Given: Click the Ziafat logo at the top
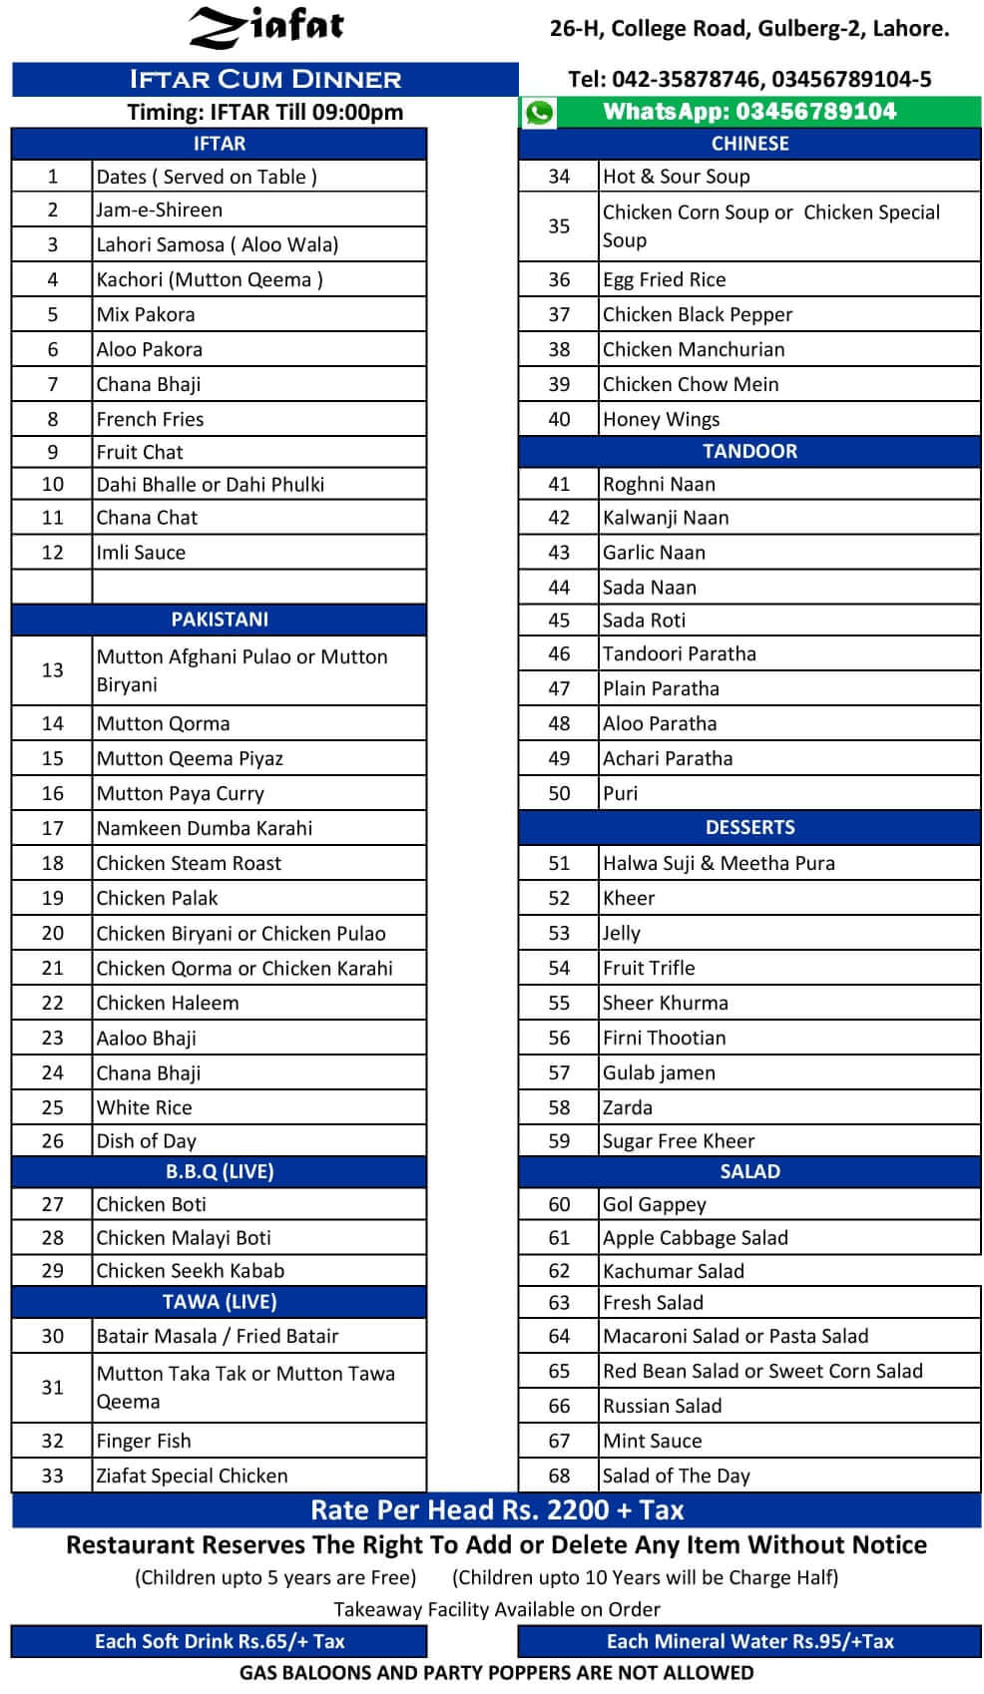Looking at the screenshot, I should click(266, 27).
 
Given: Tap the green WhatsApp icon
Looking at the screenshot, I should click(539, 112).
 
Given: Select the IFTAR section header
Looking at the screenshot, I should click(219, 144).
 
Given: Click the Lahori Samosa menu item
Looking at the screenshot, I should click(217, 244).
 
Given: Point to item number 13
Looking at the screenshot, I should click(52, 670).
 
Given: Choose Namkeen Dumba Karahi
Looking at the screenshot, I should click(204, 828).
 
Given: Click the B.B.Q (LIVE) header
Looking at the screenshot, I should click(219, 1171).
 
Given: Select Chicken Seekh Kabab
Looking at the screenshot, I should click(190, 1270).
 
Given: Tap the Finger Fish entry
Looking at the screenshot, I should click(144, 1441).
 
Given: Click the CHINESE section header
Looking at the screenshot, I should click(749, 144).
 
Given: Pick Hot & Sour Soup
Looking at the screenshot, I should click(676, 177).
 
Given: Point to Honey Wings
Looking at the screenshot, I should click(661, 419).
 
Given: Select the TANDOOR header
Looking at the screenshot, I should click(749, 451).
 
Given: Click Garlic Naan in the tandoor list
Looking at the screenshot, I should click(654, 553).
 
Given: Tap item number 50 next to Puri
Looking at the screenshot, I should click(559, 793).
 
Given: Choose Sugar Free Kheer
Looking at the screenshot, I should click(678, 1140).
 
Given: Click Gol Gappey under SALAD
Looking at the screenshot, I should click(654, 1204).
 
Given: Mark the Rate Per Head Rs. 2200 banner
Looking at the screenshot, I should click(496, 1509).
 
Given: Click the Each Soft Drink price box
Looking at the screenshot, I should click(219, 1641).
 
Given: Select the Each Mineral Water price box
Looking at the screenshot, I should click(749, 1641).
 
